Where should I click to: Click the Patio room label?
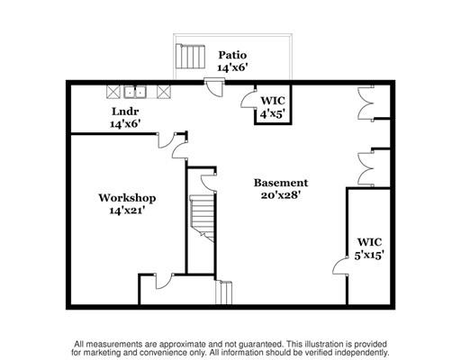coord(232,55)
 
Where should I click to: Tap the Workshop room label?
coord(127,198)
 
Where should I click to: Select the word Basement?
coord(281,183)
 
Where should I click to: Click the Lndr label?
coord(125,112)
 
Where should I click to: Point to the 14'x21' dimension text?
coord(127,211)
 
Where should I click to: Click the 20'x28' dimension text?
coord(281,195)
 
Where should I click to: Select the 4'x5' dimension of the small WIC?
coord(272,113)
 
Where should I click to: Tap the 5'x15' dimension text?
coord(369,256)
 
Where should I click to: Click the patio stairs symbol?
coord(190,57)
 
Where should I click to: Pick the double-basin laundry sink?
coord(135,92)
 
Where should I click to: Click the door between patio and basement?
coord(214,87)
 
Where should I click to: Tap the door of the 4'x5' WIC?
coord(249,98)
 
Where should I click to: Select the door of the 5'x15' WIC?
coord(340,266)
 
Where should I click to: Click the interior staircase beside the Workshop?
coord(203,219)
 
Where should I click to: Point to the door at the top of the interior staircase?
coord(208,183)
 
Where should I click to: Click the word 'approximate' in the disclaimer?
coord(183,344)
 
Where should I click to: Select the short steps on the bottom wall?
coord(224,292)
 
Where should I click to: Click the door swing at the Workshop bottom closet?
coord(164,282)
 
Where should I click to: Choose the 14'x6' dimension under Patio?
coord(232,67)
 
